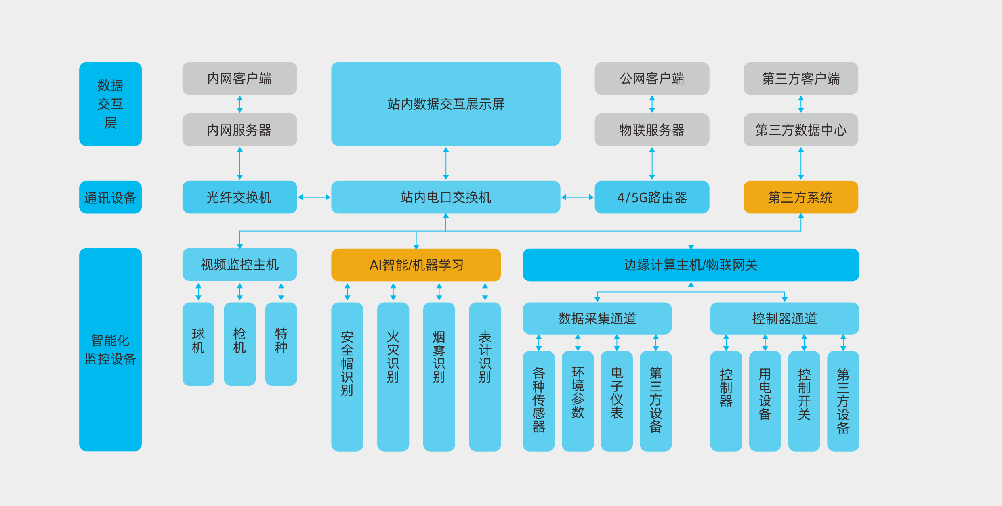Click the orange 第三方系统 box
[x=800, y=197]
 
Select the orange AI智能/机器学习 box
[x=416, y=265]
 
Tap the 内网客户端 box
[x=239, y=78]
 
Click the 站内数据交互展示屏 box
[x=445, y=104]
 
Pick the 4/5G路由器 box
[x=651, y=197]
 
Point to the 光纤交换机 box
[x=239, y=197]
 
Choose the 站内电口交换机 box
[x=445, y=197]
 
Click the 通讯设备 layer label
[x=110, y=197]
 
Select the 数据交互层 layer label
[x=110, y=104]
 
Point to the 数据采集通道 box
[x=597, y=318]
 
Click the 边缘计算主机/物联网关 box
[x=691, y=265]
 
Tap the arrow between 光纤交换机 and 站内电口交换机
[x=314, y=197]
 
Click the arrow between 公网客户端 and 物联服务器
[x=652, y=104]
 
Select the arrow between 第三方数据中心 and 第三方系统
[x=801, y=163]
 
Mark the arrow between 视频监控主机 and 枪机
[x=240, y=292]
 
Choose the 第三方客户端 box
[x=800, y=78]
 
